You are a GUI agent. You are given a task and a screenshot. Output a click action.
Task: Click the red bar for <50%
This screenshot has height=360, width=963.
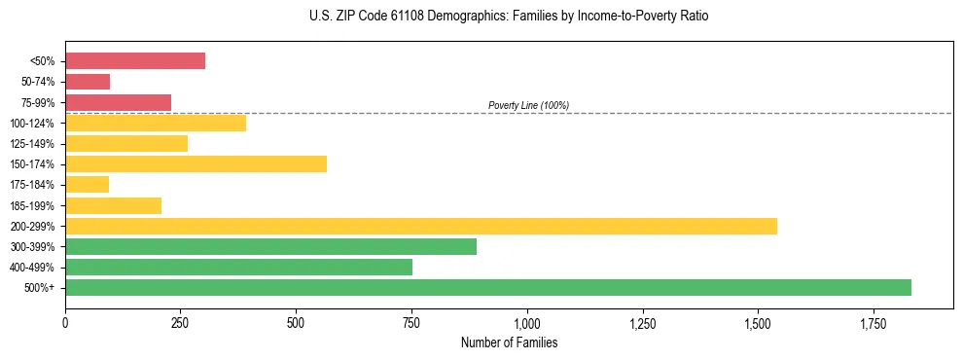[135, 61]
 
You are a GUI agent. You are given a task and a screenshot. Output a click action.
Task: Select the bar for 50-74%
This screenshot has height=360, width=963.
[88, 82]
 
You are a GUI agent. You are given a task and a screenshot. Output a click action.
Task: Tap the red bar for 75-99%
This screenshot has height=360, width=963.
[118, 102]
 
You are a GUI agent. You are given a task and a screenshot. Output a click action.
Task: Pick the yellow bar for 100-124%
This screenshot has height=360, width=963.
[156, 123]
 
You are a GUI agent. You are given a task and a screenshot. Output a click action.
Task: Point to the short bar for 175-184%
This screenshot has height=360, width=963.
[87, 184]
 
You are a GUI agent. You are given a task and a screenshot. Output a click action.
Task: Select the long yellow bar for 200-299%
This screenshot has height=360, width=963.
[421, 226]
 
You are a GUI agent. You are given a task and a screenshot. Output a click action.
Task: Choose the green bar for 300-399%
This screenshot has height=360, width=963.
[270, 246]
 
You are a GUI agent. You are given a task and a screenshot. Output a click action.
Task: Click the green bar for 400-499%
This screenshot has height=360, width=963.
[238, 267]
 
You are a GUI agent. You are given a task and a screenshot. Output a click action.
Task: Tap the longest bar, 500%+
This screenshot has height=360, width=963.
[488, 287]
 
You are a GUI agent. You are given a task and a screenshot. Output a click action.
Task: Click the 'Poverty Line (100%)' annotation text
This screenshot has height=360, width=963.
[528, 105]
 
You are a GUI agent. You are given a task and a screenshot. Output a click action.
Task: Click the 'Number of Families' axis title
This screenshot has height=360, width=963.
[509, 343]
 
